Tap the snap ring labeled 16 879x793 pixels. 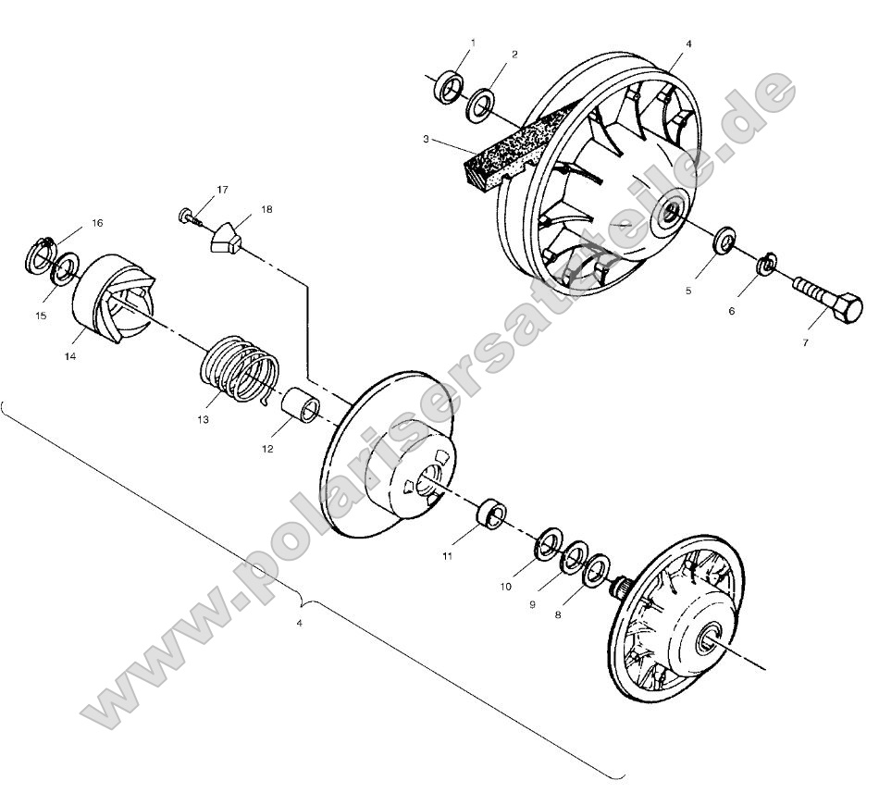click(x=39, y=253)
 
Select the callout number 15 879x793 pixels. click(x=40, y=316)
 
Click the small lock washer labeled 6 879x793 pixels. click(x=767, y=266)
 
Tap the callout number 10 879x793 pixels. click(x=506, y=587)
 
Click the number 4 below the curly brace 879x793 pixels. click(x=299, y=623)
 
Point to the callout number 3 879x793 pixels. click(x=426, y=139)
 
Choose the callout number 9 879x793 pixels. click(x=532, y=603)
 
